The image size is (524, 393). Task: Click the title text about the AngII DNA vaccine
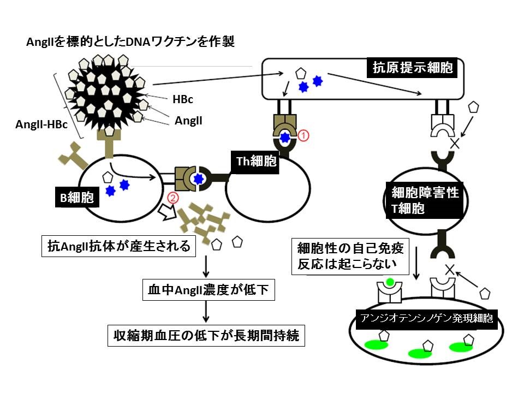click(x=131, y=42)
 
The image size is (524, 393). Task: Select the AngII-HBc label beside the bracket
click(x=41, y=124)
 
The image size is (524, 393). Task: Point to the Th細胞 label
click(x=257, y=162)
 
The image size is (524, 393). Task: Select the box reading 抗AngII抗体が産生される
click(x=118, y=247)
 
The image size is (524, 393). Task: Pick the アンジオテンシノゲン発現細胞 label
click(x=426, y=318)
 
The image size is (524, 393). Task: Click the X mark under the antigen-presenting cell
click(x=452, y=144)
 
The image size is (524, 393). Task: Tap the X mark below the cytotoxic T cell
click(x=450, y=269)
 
